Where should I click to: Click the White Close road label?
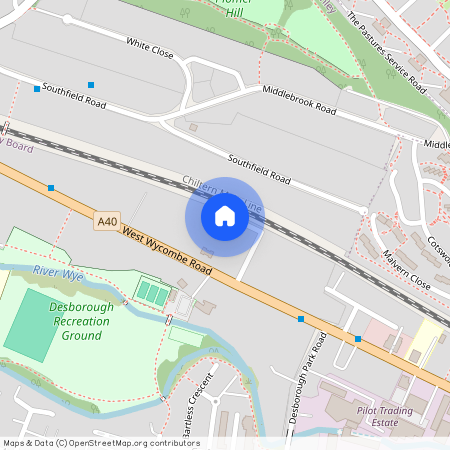[x=150, y=47]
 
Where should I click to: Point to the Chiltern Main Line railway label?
[x=223, y=196]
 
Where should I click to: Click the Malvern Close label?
[x=406, y=270]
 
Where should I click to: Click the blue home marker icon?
[x=224, y=216]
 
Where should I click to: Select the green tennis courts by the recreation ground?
[x=153, y=294]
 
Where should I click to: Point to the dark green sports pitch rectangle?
[x=38, y=324]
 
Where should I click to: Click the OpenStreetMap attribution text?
[x=101, y=443]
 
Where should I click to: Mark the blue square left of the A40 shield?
[x=51, y=187]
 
